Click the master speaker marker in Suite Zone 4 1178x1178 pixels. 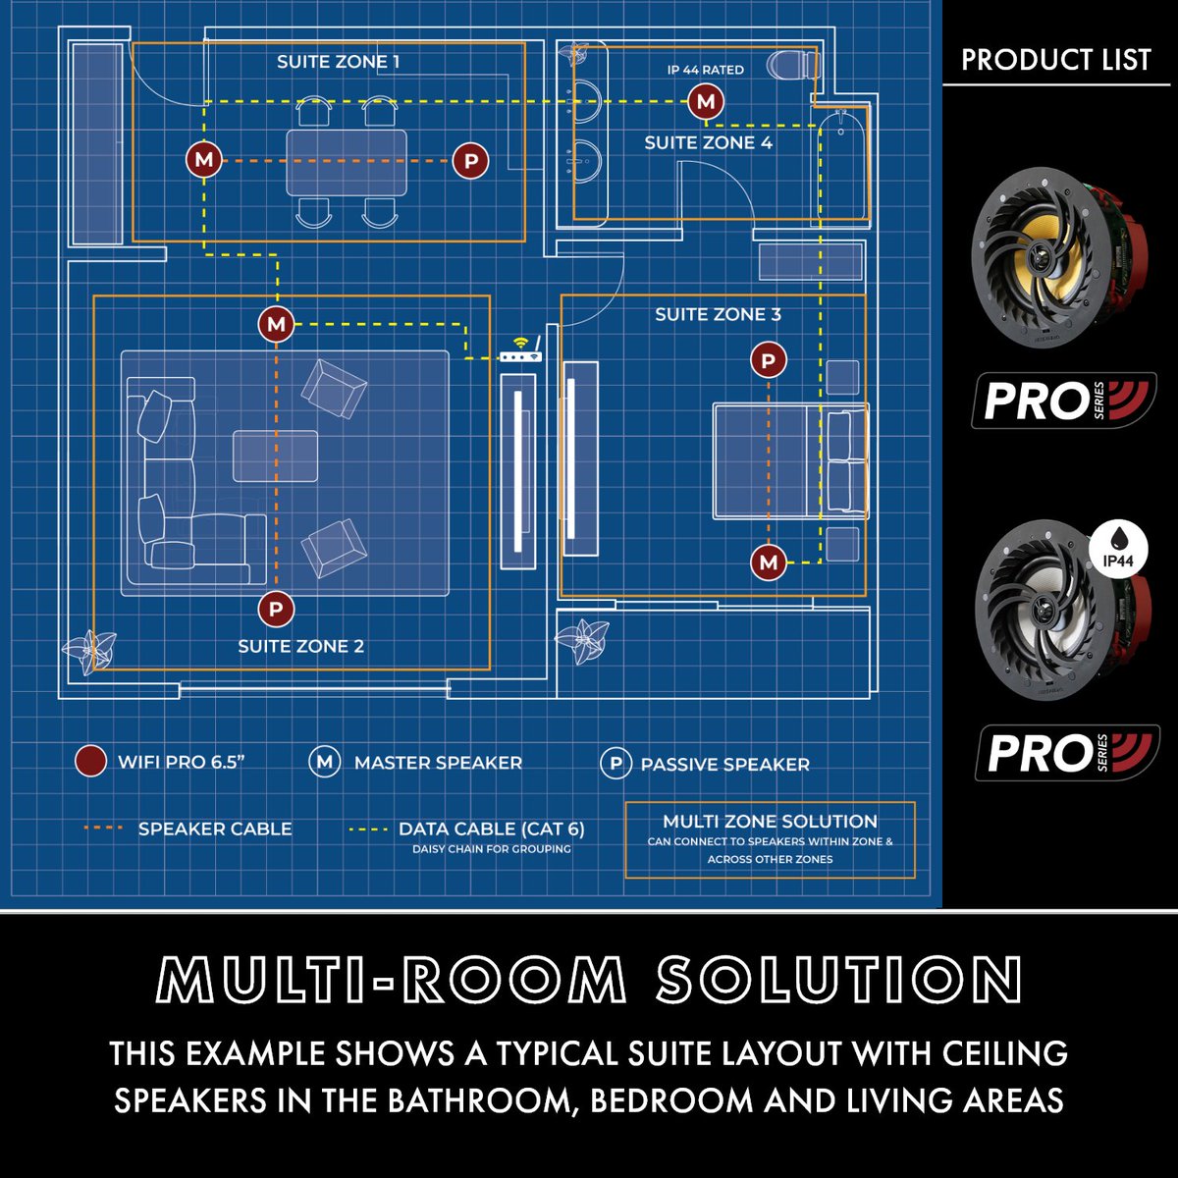pyautogui.click(x=705, y=100)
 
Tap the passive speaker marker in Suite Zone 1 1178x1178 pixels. pyautogui.click(x=471, y=160)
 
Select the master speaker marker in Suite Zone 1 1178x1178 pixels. pyautogui.click(x=204, y=160)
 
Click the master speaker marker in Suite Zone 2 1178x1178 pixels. pyautogui.click(x=276, y=324)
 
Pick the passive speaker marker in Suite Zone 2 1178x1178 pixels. pyautogui.click(x=276, y=610)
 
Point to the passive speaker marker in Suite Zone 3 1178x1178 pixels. pyautogui.click(x=769, y=361)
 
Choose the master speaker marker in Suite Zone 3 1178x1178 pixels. pyautogui.click(x=769, y=562)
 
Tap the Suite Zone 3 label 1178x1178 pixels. pyautogui.click(x=718, y=315)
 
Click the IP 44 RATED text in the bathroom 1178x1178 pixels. pyautogui.click(x=705, y=70)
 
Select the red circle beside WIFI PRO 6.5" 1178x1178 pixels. pyautogui.click(x=90, y=762)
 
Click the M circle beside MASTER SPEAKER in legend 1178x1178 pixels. pyautogui.click(x=324, y=762)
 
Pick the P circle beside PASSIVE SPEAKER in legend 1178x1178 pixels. pyautogui.click(x=616, y=764)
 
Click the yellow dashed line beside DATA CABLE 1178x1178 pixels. pyautogui.click(x=368, y=830)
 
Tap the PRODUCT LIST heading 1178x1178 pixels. pyautogui.click(x=1055, y=60)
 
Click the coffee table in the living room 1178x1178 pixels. pyautogui.click(x=275, y=455)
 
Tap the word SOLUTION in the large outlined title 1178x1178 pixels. pyautogui.click(x=839, y=980)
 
